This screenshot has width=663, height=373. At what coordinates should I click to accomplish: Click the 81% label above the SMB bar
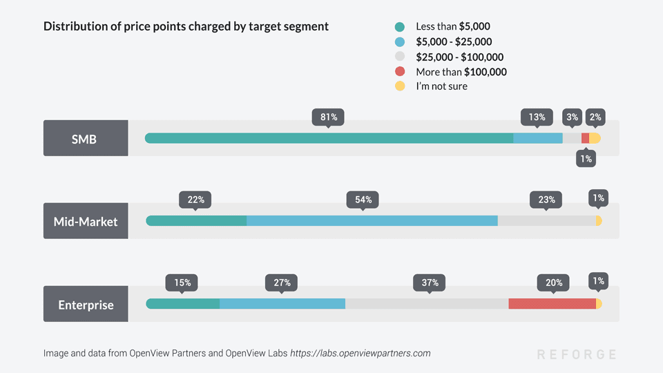point(328,117)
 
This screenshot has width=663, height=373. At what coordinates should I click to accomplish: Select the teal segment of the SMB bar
point(329,138)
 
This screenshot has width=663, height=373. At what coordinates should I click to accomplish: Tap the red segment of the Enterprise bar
point(552,304)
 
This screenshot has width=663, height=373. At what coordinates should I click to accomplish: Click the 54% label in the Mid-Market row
point(363,200)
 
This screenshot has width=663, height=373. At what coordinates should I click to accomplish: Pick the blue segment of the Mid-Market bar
point(372,221)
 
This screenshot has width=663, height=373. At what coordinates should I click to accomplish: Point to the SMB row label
point(85,138)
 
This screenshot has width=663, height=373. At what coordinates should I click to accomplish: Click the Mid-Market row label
point(85,221)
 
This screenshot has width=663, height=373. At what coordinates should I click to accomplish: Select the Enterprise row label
point(85,304)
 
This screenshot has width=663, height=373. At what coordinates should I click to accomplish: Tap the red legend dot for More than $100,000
point(400,72)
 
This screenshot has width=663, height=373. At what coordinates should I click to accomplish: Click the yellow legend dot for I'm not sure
point(400,86)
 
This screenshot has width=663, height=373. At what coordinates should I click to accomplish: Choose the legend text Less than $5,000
point(452,26)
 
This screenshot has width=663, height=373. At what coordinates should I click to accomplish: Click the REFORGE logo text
point(577,354)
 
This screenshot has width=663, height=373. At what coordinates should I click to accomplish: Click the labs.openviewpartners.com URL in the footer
point(360,353)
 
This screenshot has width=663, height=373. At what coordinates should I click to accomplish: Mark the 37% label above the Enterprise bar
point(429,283)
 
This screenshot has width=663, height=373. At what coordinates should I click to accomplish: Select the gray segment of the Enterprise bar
point(427,304)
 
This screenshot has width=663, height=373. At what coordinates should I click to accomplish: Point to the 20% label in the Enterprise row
point(554,283)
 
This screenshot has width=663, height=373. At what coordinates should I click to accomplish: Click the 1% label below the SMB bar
point(586,159)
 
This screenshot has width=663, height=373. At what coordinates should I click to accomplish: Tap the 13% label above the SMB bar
point(537,117)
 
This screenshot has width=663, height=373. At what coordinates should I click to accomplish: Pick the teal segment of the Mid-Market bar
point(196,221)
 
